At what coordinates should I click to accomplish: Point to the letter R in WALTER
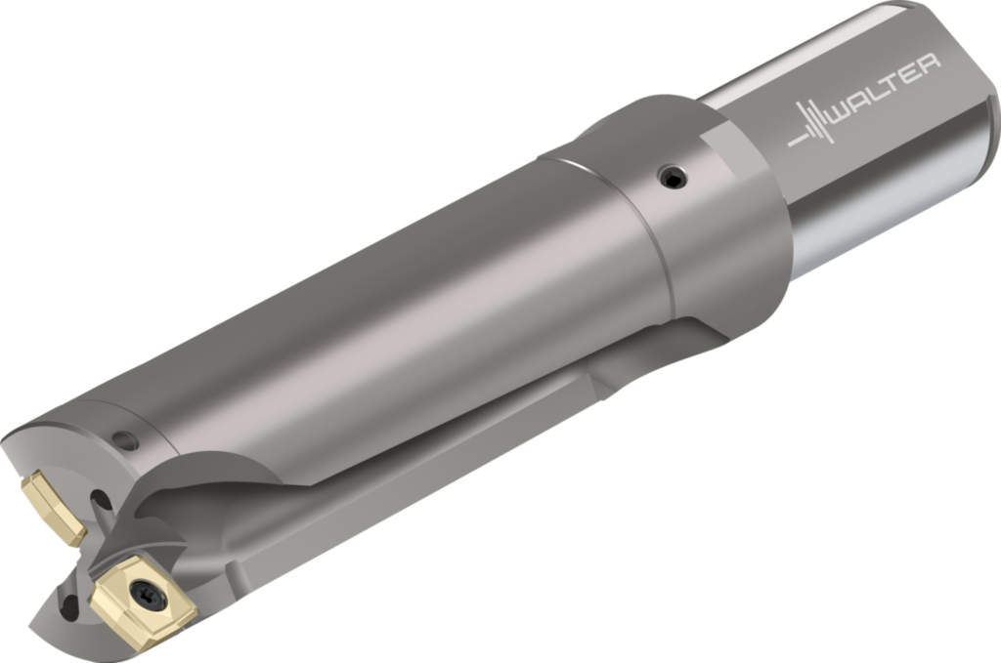tap(929, 65)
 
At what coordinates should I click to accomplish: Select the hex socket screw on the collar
tap(673, 177)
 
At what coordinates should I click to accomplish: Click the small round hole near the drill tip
tap(124, 439)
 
